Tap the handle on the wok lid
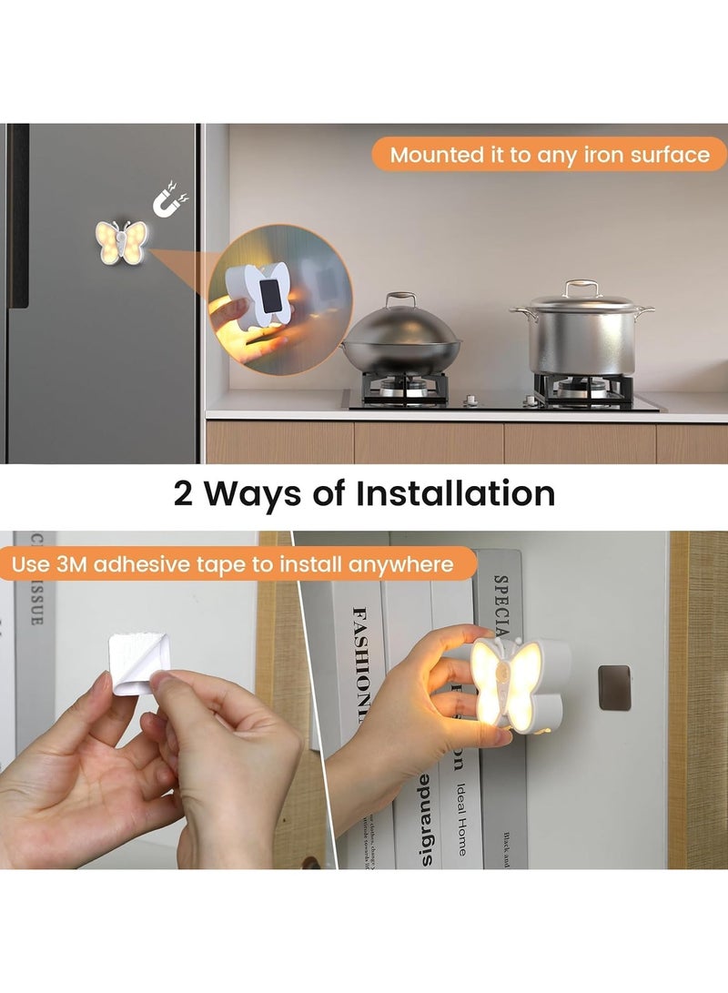coord(400,299)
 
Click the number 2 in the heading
coord(186,494)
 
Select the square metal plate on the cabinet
coord(615,687)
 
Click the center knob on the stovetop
coord(471,400)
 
